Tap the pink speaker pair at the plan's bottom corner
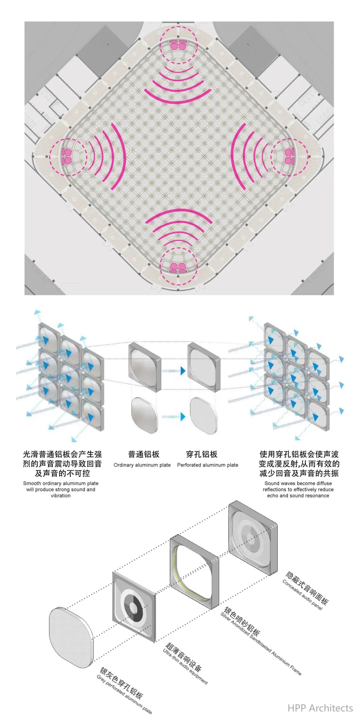(178, 267)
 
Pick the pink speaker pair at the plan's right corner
(288, 156)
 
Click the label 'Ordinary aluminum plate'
(142, 465)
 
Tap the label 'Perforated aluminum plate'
(208, 465)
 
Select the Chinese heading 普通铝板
(144, 454)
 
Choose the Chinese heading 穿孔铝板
(202, 454)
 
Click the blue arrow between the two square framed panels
(174, 370)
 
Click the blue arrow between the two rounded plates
(174, 416)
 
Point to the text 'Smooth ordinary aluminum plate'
(61, 483)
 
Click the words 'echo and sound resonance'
(298, 495)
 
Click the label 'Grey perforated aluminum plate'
(124, 694)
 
